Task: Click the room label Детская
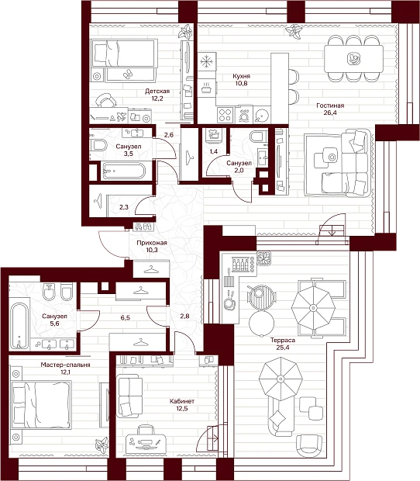(157, 91)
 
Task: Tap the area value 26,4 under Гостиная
(330, 112)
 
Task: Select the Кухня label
(241, 76)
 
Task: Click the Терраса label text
(283, 340)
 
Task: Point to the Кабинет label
(182, 401)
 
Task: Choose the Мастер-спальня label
(66, 365)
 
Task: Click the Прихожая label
(152, 243)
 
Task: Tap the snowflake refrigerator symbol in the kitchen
(206, 61)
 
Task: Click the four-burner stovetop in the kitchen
(225, 115)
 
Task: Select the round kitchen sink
(263, 116)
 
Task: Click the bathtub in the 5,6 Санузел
(19, 326)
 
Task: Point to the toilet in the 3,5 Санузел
(98, 145)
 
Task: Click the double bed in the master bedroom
(41, 404)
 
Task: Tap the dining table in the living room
(354, 58)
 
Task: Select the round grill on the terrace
(262, 296)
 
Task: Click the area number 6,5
(125, 317)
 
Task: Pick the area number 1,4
(214, 151)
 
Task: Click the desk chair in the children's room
(105, 100)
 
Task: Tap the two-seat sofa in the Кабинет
(129, 396)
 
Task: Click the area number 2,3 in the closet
(124, 207)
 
